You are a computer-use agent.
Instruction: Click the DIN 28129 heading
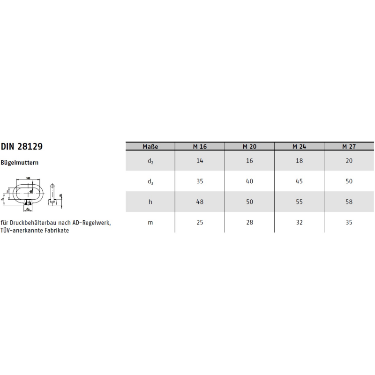point(22,146)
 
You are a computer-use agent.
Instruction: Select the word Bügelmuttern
point(20,163)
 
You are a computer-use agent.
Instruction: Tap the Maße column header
point(150,146)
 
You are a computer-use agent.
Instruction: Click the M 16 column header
point(200,146)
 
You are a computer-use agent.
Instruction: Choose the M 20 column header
point(249,146)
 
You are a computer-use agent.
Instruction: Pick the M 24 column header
point(299,146)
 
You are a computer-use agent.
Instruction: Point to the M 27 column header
point(349,146)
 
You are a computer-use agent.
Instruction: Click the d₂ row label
point(150,161)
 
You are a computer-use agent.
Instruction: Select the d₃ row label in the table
point(150,181)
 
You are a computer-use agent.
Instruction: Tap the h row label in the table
point(150,202)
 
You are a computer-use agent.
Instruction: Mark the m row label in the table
point(150,223)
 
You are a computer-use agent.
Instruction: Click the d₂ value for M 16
point(200,161)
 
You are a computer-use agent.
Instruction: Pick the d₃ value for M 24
point(299,181)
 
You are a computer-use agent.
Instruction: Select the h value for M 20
point(249,202)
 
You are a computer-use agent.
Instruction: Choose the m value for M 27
point(349,223)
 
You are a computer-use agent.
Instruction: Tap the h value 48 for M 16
point(200,202)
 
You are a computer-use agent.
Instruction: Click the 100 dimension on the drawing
point(28,179)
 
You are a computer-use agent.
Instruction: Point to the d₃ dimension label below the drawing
point(28,209)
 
